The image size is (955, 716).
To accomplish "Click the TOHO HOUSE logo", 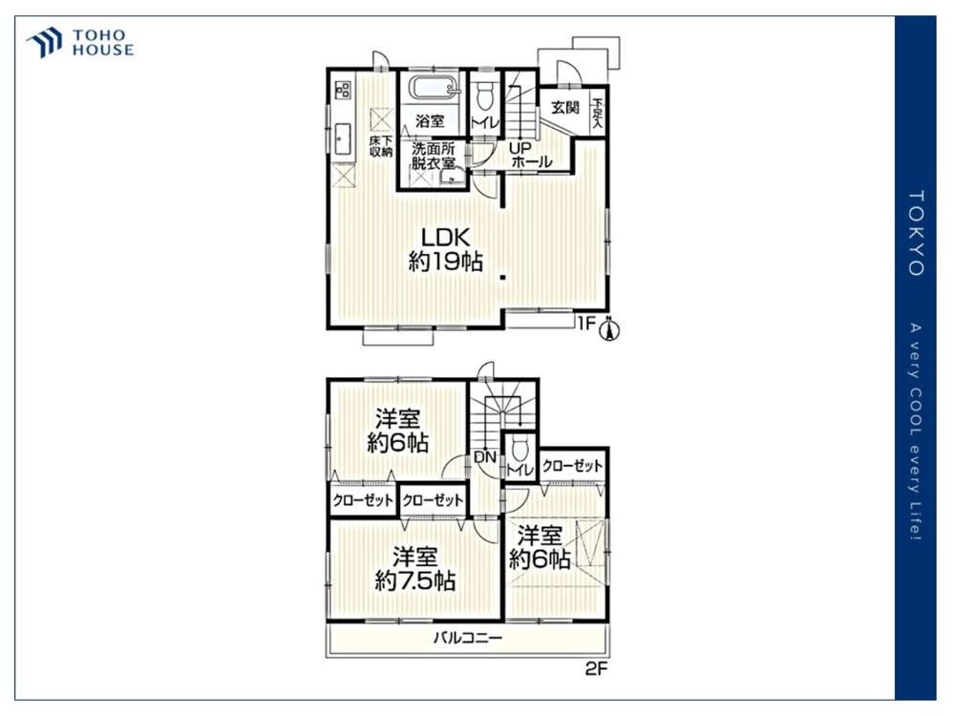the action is [x=80, y=43].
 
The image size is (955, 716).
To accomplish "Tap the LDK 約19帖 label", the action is [x=446, y=249].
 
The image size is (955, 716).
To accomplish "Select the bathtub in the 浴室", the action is [x=433, y=88].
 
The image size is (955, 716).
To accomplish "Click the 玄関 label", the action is [x=565, y=108].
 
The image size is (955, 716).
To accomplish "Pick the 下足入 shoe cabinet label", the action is [x=598, y=114].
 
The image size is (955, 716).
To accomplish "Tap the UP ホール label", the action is [x=530, y=156].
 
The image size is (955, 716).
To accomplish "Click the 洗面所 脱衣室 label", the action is [x=433, y=156].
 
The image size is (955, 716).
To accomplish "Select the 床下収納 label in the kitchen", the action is [x=381, y=147].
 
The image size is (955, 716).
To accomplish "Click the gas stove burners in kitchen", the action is [x=343, y=90].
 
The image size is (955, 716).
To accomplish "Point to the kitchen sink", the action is [x=343, y=138].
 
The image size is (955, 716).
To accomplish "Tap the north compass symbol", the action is [x=609, y=328].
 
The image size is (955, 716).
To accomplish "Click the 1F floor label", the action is [x=586, y=324].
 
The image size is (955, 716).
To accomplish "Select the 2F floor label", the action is [x=596, y=669].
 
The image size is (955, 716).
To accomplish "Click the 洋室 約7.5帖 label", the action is [x=414, y=569].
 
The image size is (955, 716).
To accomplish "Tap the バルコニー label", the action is [x=468, y=638].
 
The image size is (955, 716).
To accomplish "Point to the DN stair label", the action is [x=485, y=457].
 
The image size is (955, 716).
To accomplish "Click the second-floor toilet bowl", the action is [x=520, y=450].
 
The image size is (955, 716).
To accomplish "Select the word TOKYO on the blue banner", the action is [x=917, y=233].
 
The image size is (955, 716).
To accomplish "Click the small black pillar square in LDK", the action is [x=503, y=278].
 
